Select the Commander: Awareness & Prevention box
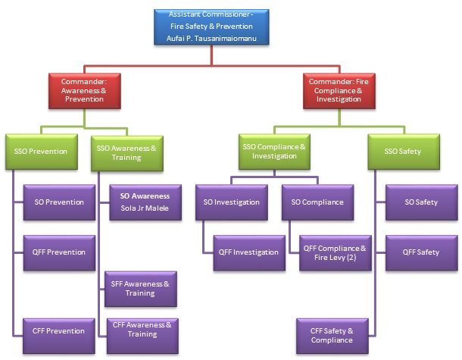click(x=85, y=90)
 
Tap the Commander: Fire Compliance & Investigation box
click(x=338, y=90)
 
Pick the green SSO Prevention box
click(x=40, y=152)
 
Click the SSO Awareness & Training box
click(x=126, y=152)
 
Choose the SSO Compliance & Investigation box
click(x=273, y=152)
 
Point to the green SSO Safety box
click(x=404, y=152)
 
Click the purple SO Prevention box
click(x=59, y=202)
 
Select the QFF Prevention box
click(x=59, y=252)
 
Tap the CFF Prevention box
click(x=59, y=330)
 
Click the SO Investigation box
click(x=231, y=202)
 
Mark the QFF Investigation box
click(x=248, y=252)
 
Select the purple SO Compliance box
click(x=317, y=202)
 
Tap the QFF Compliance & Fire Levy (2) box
click(x=334, y=252)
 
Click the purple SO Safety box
click(x=421, y=202)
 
